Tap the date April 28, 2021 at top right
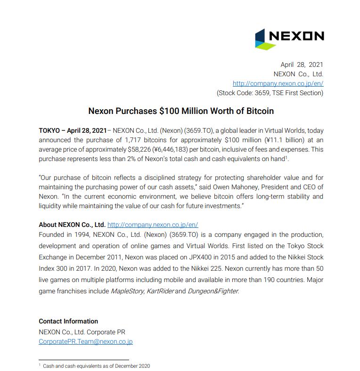point(302,65)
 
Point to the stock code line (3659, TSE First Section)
point(270,93)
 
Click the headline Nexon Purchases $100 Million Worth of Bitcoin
point(181,111)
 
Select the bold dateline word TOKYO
point(49,130)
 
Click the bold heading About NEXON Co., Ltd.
point(72,225)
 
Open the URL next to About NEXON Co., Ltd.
point(153,225)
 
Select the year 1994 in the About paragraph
point(84,234)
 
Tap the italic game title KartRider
point(159,291)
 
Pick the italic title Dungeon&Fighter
point(213,291)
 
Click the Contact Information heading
point(68,321)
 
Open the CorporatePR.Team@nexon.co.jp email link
point(85,342)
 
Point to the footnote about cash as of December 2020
point(96,366)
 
